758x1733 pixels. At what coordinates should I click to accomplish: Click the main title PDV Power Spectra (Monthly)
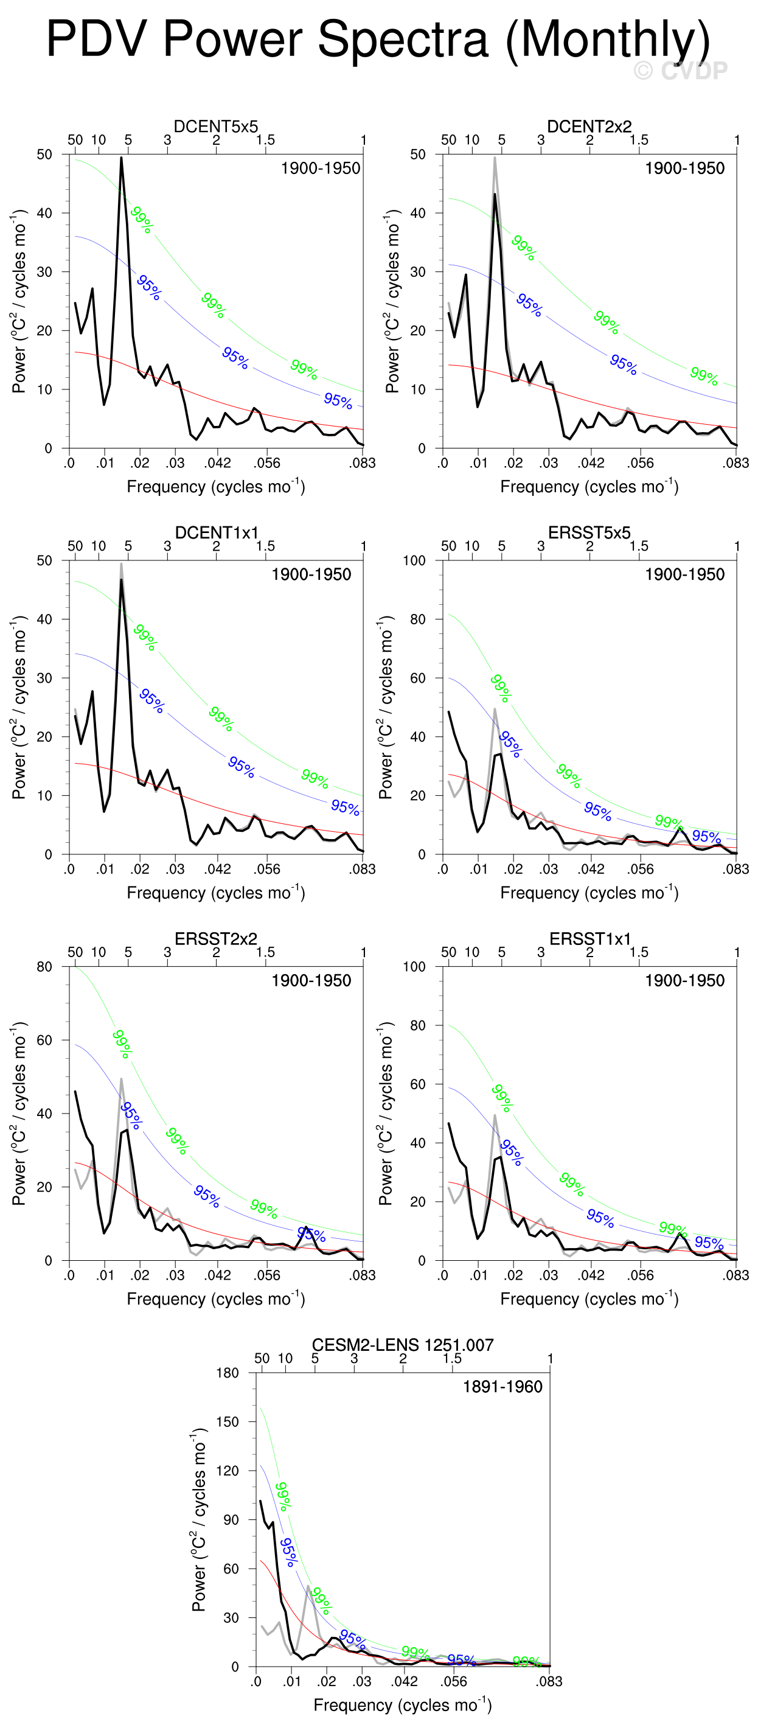[378, 39]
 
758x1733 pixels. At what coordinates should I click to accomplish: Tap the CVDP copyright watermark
[681, 71]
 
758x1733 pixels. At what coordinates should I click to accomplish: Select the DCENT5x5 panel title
[215, 127]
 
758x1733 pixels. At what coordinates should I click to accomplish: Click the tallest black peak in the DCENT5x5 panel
[121, 158]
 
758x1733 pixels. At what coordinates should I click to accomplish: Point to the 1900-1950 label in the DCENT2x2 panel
[684, 168]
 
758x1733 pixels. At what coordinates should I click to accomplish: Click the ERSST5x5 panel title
[589, 533]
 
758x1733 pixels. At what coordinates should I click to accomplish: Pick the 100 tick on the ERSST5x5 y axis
[414, 560]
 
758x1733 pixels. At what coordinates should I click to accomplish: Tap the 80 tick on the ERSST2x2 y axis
[44, 967]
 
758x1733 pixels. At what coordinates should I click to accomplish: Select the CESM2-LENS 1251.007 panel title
[402, 1345]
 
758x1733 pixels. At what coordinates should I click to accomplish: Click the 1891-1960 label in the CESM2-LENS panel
[502, 1387]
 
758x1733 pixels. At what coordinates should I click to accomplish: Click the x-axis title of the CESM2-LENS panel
[402, 1705]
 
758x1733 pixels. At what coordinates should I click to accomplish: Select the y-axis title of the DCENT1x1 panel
[19, 707]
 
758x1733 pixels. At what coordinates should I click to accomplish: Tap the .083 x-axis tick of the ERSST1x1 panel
[736, 1275]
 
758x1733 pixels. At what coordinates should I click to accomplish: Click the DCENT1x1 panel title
[216, 533]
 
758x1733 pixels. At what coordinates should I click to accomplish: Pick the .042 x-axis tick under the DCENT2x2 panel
[591, 463]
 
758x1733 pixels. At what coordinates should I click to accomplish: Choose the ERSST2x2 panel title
[216, 939]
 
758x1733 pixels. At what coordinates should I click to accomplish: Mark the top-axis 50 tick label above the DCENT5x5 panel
[75, 140]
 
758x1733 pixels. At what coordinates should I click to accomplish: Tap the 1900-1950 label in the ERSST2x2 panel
[311, 980]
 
